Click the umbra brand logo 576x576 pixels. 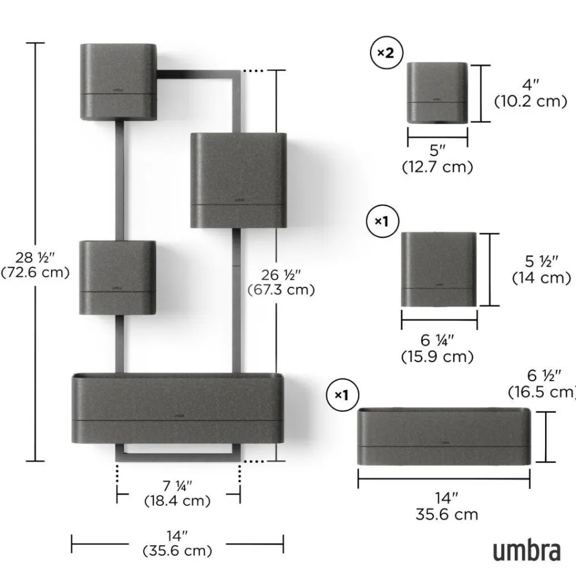526,550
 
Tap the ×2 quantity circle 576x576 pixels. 387,53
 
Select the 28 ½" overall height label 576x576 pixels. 35,265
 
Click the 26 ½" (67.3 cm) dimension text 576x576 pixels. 281,282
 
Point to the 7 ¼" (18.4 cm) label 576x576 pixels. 178,493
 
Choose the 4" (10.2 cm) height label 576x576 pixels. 531,93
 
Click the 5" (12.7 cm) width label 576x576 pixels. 438,159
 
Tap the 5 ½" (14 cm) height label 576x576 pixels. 542,270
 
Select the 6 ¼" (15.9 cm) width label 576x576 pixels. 437,348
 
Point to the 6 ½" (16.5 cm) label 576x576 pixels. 542,384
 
